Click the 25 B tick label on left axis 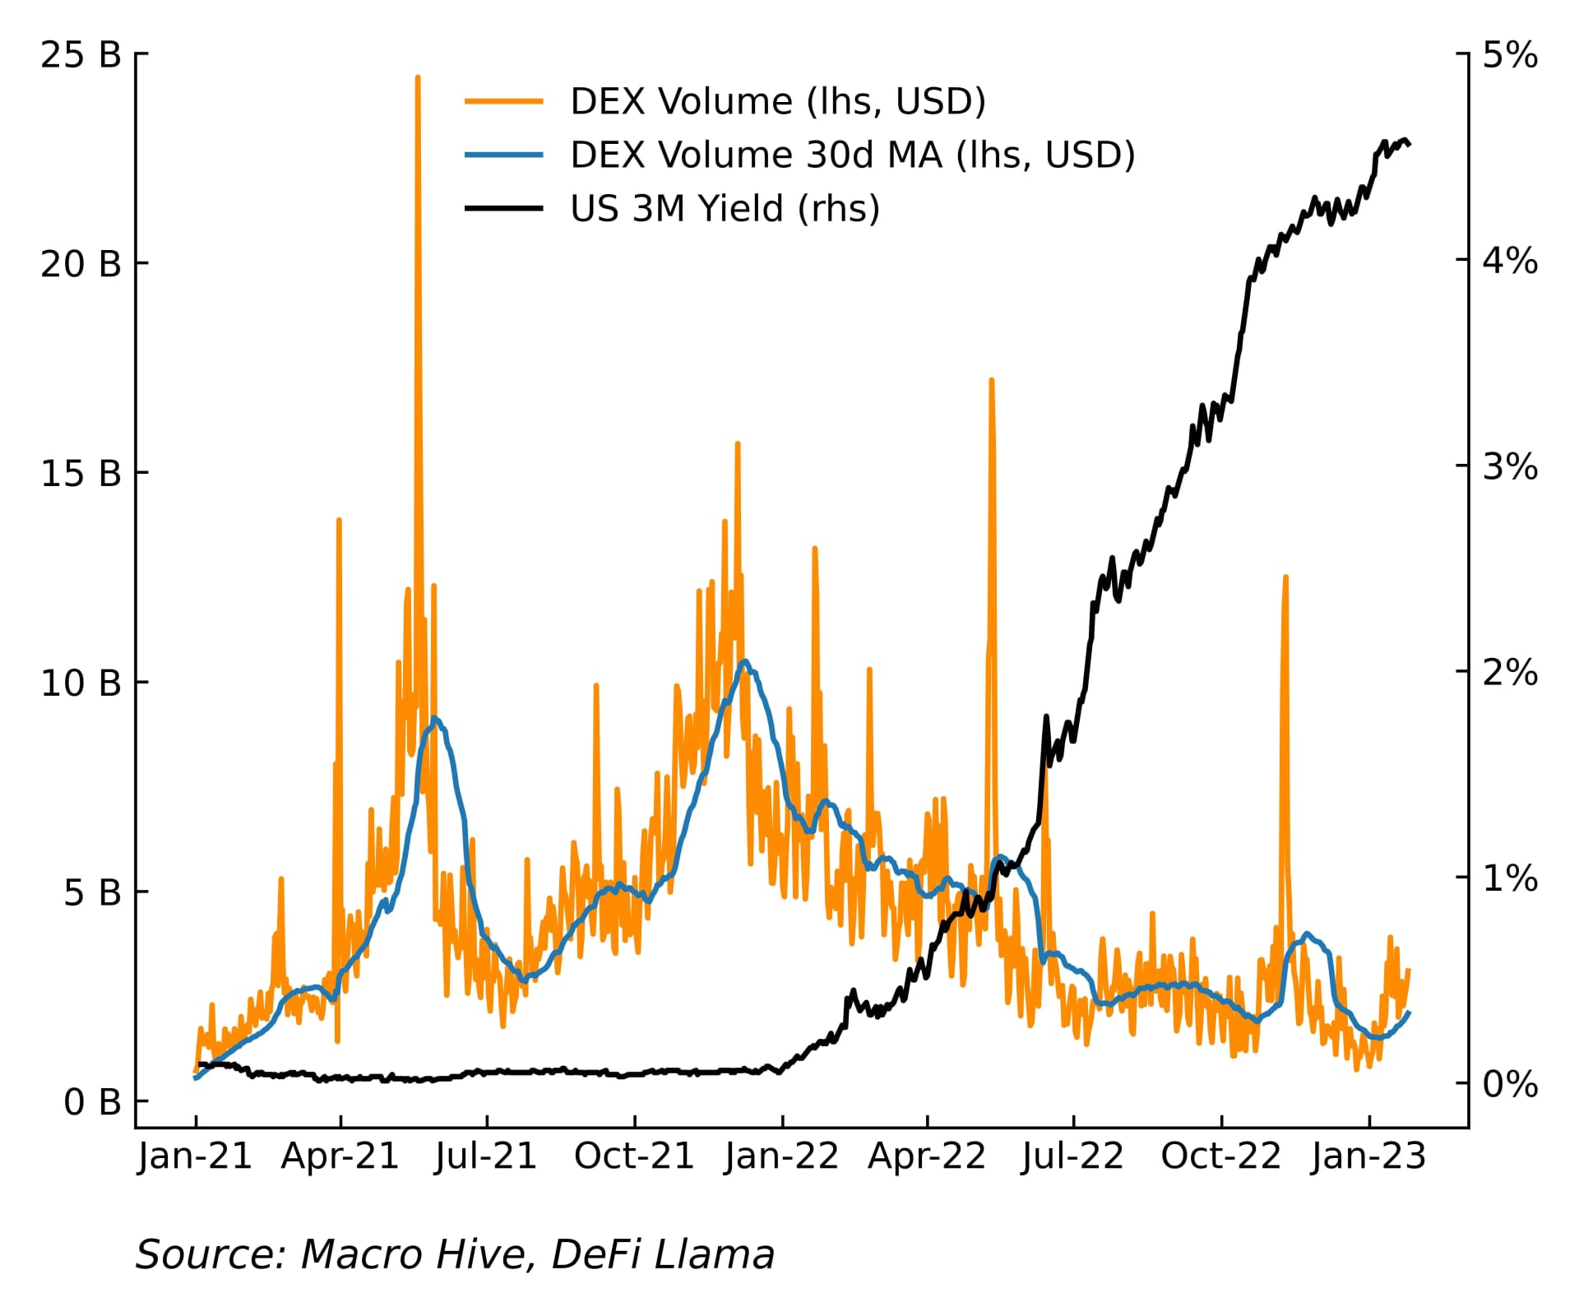pos(81,55)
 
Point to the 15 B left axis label pos(81,474)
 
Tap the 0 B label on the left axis pos(92,1102)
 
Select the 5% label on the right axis pos(1510,55)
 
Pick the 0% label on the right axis pos(1510,1084)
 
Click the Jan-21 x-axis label pos(195,1156)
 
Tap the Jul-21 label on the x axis pos(486,1156)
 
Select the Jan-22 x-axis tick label pos(781,1156)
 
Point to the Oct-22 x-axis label pos(1220,1156)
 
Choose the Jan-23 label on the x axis pos(1368,1156)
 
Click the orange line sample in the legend pos(503,101)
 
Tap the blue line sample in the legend pos(503,155)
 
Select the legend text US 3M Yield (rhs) pos(725,209)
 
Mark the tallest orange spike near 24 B pos(418,78)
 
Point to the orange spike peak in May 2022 pos(992,380)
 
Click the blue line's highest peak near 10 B pos(745,661)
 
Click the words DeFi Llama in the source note pos(663,1255)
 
